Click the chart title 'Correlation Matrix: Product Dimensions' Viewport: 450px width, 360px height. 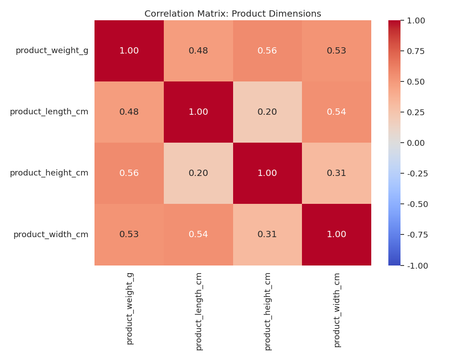[x=233, y=14]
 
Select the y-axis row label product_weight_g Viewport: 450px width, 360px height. [x=52, y=50]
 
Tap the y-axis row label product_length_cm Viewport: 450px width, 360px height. [x=49, y=112]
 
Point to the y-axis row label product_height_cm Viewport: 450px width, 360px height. [x=49, y=173]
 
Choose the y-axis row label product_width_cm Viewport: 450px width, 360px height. [x=51, y=234]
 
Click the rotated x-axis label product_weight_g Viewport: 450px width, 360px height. [x=130, y=308]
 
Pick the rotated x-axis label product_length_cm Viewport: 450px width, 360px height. [x=199, y=311]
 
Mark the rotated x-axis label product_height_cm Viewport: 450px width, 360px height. [x=268, y=311]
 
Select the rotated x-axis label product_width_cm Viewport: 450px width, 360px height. [x=337, y=310]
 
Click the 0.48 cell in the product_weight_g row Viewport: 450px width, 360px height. [x=198, y=51]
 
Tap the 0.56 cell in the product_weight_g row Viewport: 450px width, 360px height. [x=267, y=51]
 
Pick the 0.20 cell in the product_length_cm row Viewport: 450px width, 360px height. [x=267, y=112]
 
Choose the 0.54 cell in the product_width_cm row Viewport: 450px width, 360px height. [x=198, y=234]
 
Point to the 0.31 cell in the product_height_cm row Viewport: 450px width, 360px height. [x=337, y=173]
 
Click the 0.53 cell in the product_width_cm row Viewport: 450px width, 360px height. [x=129, y=234]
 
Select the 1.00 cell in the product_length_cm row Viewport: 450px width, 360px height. [x=198, y=112]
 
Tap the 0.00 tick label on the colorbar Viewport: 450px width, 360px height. [x=416, y=143]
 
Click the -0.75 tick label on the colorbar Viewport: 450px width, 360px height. [x=417, y=234]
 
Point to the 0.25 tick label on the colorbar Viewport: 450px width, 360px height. [x=416, y=112]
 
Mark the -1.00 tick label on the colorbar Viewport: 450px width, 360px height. [x=417, y=265]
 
